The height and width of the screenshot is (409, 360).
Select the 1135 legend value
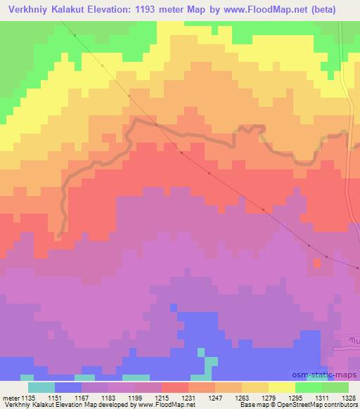point(28,398)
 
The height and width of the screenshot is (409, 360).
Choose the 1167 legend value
point(82,398)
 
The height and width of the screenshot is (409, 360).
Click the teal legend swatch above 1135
point(41,387)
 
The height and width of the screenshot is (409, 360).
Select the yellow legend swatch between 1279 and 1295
point(282,387)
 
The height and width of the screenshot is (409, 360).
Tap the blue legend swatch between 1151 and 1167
point(67,387)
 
